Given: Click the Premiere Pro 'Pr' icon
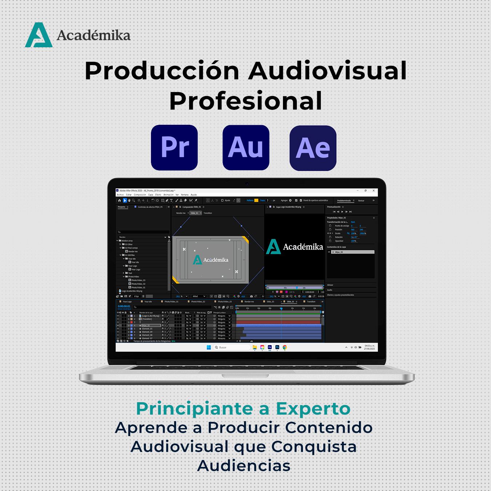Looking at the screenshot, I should (174, 147).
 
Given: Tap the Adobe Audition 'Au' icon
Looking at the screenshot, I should (246, 147).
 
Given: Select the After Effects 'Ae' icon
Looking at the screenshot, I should (313, 148).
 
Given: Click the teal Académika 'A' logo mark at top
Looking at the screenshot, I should (39, 35).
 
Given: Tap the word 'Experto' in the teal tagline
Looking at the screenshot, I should (313, 408).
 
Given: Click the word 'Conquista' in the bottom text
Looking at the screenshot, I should (314, 447).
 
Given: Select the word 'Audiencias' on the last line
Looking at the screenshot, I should (244, 466).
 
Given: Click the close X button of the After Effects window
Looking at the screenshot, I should (374, 191).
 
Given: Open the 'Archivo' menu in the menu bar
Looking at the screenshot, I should (120, 195).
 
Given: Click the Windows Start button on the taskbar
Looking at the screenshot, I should (209, 347).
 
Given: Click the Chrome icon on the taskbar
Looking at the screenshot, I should (285, 347).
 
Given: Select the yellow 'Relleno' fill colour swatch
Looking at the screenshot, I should (256, 200).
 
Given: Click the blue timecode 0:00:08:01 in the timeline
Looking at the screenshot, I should (124, 306).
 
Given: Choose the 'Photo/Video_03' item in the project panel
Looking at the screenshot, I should (138, 280).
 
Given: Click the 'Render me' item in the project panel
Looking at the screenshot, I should (133, 251).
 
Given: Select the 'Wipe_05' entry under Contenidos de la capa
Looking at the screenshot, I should (339, 252).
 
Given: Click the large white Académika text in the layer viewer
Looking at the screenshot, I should (303, 247).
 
